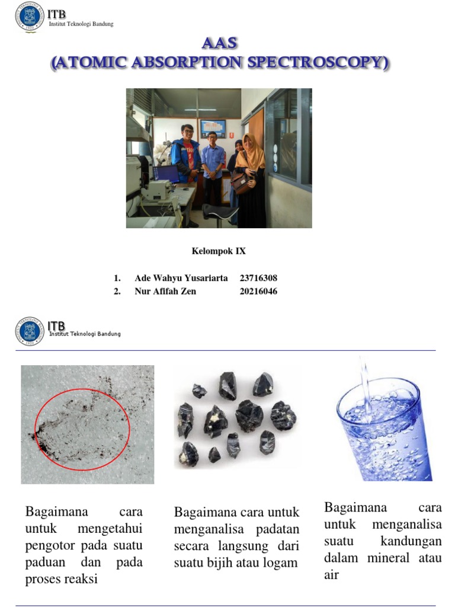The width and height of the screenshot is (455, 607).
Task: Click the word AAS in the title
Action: click(x=219, y=43)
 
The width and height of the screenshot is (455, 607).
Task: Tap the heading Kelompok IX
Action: click(x=219, y=251)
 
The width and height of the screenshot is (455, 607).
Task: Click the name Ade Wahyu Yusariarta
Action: click(x=181, y=278)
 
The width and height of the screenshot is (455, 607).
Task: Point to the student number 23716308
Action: click(x=258, y=278)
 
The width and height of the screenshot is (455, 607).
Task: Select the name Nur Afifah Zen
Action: click(x=165, y=291)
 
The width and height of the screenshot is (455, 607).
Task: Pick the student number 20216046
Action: click(x=258, y=291)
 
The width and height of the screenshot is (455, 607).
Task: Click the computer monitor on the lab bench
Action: click(x=166, y=174)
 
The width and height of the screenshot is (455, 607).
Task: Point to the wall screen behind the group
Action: click(x=212, y=128)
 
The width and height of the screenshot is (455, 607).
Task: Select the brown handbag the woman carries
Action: click(x=240, y=182)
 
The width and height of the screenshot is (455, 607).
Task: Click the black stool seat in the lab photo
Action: click(x=220, y=209)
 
